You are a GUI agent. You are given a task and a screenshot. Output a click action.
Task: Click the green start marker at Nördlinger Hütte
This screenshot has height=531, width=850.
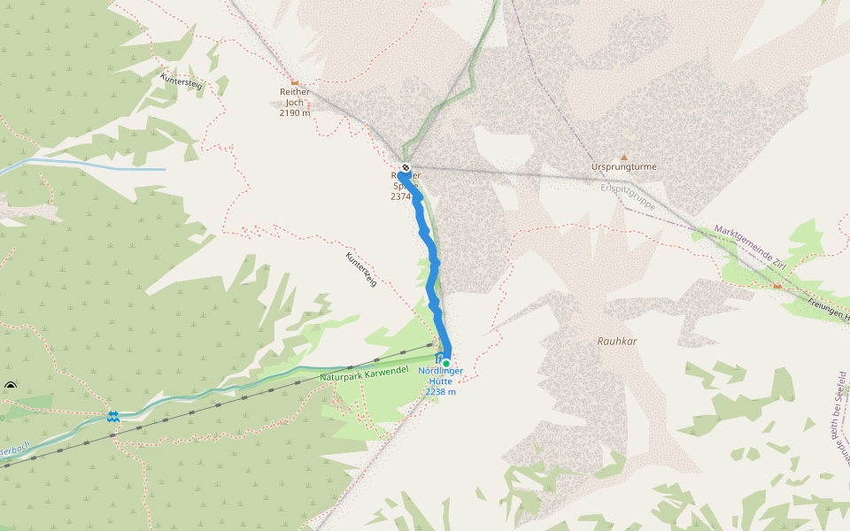point(446,363)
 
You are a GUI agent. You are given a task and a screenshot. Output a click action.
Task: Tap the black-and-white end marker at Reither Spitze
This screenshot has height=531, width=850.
point(406,167)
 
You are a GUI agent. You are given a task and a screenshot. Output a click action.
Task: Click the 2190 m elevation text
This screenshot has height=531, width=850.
point(294,113)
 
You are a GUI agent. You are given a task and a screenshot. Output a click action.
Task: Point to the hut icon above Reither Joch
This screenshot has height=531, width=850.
point(294,81)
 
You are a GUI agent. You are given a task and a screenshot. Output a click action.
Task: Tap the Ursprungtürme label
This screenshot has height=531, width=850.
point(624,166)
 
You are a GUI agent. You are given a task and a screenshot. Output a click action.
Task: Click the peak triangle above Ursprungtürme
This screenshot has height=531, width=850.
point(623,157)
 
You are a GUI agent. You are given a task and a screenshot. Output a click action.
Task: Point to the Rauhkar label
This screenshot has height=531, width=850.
point(617,341)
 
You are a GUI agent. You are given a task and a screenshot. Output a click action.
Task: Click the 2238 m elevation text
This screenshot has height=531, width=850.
point(440,392)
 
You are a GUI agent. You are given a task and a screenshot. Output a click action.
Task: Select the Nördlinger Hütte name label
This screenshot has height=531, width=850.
point(440,376)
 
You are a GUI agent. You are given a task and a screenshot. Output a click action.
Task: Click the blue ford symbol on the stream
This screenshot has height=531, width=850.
point(113,416)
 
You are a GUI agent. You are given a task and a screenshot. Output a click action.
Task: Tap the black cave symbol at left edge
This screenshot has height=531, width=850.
point(11,386)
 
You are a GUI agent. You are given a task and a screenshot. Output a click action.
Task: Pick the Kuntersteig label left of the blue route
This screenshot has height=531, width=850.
point(361,269)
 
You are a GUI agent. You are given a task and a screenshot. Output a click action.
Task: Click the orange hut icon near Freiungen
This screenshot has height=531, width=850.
point(777,285)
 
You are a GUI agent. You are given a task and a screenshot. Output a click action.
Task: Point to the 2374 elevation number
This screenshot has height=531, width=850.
point(400,196)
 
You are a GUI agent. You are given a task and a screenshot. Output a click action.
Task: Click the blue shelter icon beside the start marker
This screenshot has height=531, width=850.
point(439,357)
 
